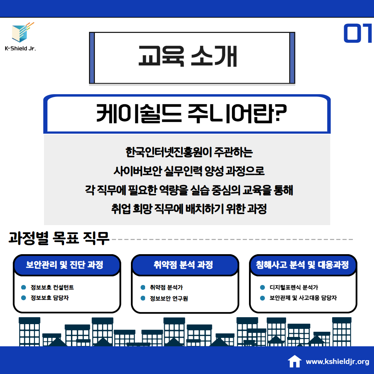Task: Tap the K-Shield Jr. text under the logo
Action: pyautogui.click(x=20, y=48)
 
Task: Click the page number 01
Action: pyautogui.click(x=358, y=33)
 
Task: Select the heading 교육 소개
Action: pyautogui.click(x=188, y=56)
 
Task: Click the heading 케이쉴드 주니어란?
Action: pyautogui.click(x=191, y=114)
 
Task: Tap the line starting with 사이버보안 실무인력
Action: pyautogui.click(x=189, y=171)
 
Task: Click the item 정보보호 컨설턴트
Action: pyautogui.click(x=52, y=287)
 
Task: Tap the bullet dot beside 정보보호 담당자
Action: pyautogui.click(x=24, y=298)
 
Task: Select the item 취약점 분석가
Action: pyautogui.click(x=166, y=287)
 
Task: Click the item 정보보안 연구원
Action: pyautogui.click(x=169, y=298)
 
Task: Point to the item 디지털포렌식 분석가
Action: pyautogui.click(x=294, y=287)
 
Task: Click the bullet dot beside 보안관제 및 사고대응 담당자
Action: pyautogui.click(x=262, y=298)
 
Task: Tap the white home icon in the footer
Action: pyautogui.click(x=295, y=361)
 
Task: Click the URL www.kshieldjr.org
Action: pyautogui.click(x=338, y=362)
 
